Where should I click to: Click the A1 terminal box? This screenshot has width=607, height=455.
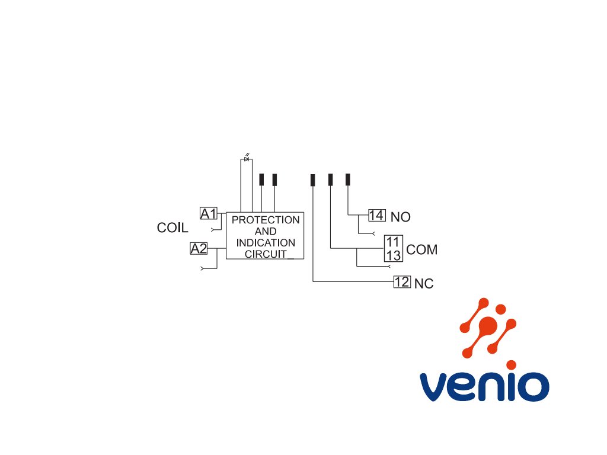pyautogui.click(x=209, y=213)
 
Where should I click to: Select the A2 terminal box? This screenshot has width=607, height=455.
pyautogui.click(x=199, y=249)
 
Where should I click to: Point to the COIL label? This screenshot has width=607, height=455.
pyautogui.click(x=172, y=227)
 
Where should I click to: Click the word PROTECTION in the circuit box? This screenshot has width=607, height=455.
pyautogui.click(x=265, y=220)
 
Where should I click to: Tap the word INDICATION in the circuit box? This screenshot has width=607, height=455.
pyautogui.click(x=265, y=243)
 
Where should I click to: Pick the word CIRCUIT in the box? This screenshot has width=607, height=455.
pyautogui.click(x=265, y=254)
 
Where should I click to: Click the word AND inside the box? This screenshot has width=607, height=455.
pyautogui.click(x=265, y=231)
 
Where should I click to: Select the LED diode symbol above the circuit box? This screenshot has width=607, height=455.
pyautogui.click(x=247, y=159)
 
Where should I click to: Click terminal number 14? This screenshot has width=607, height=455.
pyautogui.click(x=376, y=215)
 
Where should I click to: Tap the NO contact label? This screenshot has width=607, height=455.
pyautogui.click(x=401, y=217)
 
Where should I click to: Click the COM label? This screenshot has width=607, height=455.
pyautogui.click(x=422, y=250)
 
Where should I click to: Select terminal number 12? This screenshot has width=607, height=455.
pyautogui.click(x=402, y=281)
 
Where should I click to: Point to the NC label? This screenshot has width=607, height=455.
pyautogui.click(x=424, y=284)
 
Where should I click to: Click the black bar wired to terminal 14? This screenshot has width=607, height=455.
pyautogui.click(x=348, y=180)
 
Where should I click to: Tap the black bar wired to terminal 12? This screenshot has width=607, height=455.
pyautogui.click(x=313, y=180)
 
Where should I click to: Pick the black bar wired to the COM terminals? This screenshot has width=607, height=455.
pyautogui.click(x=331, y=180)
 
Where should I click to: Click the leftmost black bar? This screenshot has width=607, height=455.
pyautogui.click(x=261, y=180)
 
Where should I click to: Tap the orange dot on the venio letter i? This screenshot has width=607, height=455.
pyautogui.click(x=511, y=365)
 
